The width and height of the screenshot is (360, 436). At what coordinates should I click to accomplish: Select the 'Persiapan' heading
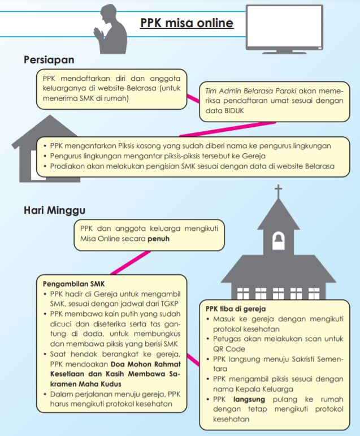click(x=49, y=59)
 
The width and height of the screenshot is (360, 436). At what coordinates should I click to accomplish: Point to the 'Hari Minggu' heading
click(x=54, y=210)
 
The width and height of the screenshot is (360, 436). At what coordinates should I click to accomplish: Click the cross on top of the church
click(x=277, y=192)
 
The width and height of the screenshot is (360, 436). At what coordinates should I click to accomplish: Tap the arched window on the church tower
click(x=277, y=241)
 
